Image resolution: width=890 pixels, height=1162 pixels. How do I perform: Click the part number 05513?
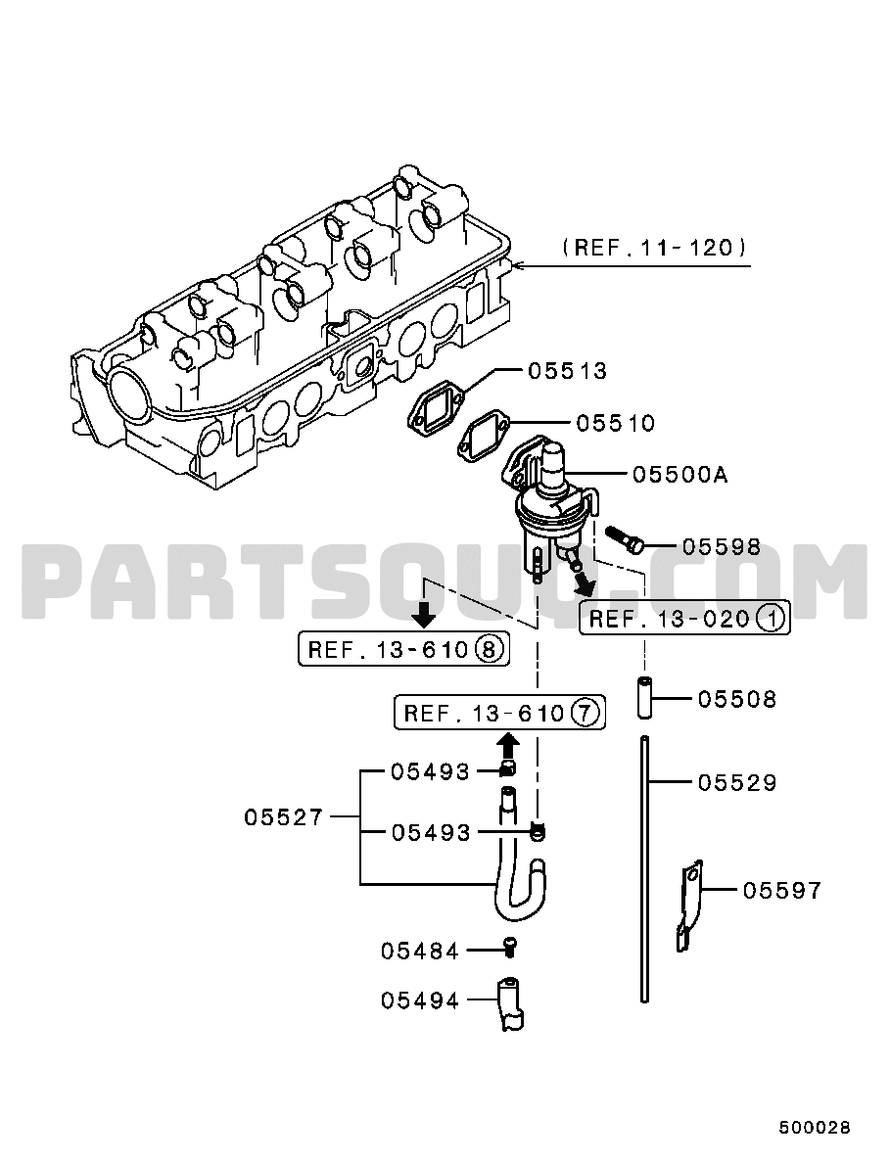[567, 371]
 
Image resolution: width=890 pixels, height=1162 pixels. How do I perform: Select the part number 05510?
[616, 423]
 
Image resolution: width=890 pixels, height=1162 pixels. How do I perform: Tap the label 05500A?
[680, 474]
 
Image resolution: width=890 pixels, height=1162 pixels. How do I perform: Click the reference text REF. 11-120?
[654, 247]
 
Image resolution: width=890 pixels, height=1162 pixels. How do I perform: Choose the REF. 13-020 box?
[684, 618]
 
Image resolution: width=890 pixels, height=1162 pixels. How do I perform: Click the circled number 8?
[488, 650]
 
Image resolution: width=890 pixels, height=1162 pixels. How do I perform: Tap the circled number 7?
[584, 714]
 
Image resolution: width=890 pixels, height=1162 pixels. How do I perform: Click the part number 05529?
[737, 782]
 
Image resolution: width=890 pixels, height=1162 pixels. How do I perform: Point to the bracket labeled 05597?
[688, 906]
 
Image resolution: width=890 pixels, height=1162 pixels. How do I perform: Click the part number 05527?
[284, 817]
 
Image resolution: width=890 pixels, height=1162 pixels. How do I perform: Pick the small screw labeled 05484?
[510, 946]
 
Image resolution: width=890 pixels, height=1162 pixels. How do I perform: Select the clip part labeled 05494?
[509, 1002]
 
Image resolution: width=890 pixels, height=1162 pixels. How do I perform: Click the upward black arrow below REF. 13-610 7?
[507, 744]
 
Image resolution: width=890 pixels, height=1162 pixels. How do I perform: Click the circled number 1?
[771, 618]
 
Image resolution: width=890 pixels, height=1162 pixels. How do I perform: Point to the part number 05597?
[782, 890]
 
